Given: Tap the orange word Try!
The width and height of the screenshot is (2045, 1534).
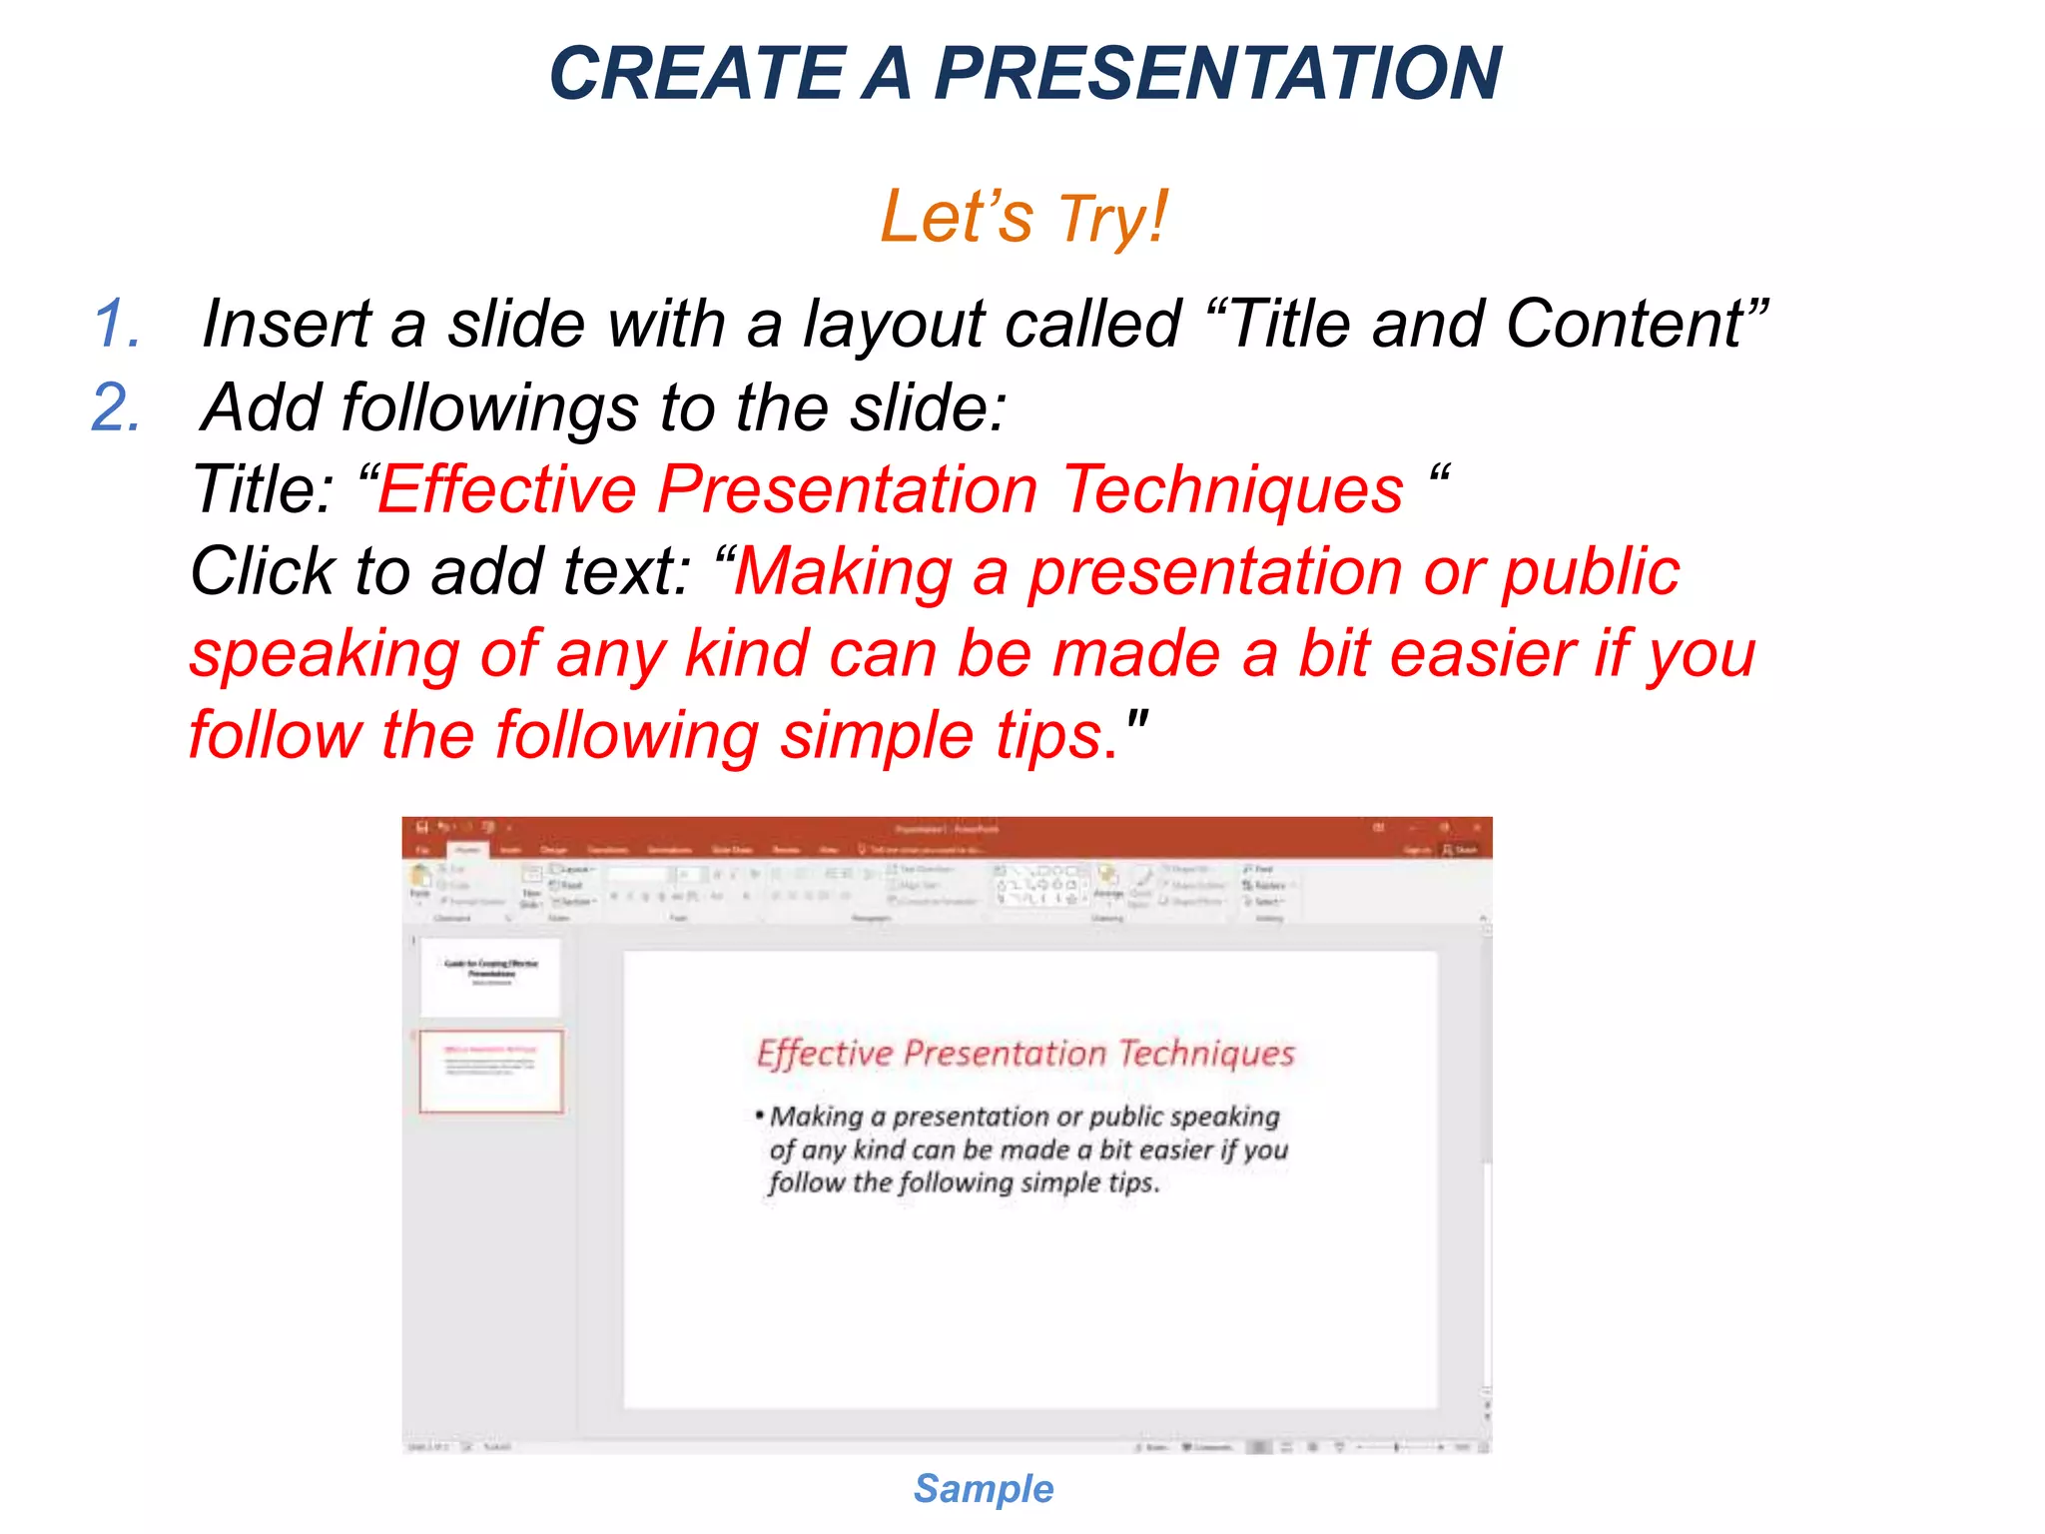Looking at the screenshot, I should (1112, 218).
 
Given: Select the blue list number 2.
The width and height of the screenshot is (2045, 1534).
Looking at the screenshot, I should (116, 407).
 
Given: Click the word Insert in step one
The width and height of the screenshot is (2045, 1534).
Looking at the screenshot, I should (288, 324).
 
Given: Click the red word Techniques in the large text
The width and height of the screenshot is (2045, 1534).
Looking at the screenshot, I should (1232, 489).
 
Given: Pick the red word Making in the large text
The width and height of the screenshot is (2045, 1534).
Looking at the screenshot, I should (844, 571).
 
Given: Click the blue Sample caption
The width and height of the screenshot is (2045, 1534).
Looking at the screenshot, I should (984, 1488).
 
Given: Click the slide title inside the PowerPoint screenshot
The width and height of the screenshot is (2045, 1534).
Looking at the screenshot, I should (1025, 1053).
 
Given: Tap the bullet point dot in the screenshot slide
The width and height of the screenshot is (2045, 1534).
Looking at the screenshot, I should (760, 1115).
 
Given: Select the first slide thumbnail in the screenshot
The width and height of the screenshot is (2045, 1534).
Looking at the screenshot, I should (490, 975).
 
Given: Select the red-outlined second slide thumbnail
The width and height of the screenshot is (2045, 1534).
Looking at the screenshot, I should (490, 1071).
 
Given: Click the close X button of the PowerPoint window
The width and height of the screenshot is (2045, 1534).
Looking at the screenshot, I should (1476, 828).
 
